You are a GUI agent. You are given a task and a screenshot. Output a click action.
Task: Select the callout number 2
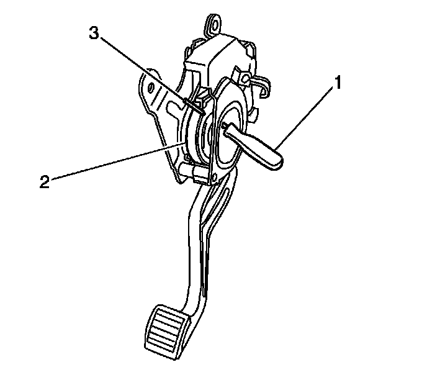pyautogui.click(x=43, y=182)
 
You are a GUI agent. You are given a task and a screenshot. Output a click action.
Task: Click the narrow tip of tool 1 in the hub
pyautogui.click(x=225, y=127)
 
